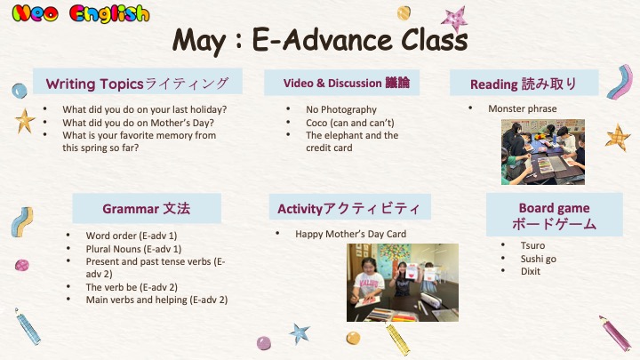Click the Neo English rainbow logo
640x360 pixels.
[80, 13]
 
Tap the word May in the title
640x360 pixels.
[199, 41]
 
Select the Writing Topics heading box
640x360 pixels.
[138, 81]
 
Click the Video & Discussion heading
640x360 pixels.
[341, 83]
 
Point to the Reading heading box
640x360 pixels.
[524, 83]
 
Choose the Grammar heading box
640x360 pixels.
[147, 208]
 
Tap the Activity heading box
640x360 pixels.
[350, 207]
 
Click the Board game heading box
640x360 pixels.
[555, 215]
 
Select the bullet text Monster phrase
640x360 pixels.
[523, 108]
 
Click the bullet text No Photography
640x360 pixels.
[341, 109]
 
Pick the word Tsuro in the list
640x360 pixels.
[532, 245]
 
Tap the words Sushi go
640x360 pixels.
[539, 259]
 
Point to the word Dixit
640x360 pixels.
[530, 271]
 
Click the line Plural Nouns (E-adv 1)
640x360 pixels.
[133, 249]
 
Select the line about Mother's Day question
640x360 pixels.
[138, 123]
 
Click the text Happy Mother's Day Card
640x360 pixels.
[350, 234]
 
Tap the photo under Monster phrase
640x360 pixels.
[543, 152]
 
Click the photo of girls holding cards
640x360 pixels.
[403, 283]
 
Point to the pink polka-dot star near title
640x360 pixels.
[455, 19]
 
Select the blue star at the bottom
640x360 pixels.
[300, 333]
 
